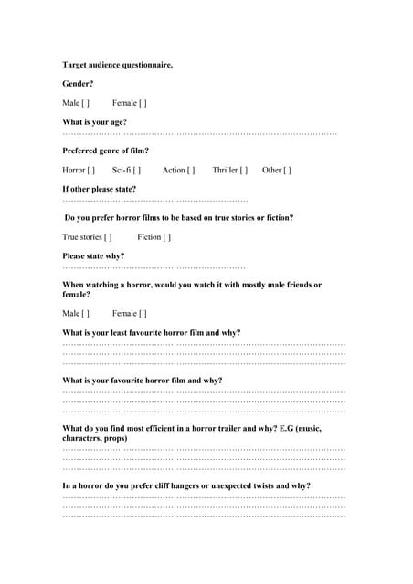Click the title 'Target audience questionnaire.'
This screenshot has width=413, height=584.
pos(117,65)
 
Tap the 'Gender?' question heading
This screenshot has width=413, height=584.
pos(78,84)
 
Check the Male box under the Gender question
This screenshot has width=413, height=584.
pos(85,103)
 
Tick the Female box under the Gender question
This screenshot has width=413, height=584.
pos(143,103)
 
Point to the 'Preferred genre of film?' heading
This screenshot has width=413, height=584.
pos(105,151)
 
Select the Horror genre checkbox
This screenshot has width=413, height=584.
pos(90,170)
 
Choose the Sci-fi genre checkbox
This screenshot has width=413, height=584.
pos(136,170)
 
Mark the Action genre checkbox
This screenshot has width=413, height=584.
pos(191,170)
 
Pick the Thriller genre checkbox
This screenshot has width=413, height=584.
pos(243,170)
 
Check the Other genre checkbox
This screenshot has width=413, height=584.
pos(288,170)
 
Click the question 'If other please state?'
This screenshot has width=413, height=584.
pos(99,189)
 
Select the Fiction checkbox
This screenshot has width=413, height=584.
pos(166,237)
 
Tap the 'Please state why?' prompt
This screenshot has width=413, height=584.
pos(93,256)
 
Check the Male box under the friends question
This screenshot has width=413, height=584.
pos(85,314)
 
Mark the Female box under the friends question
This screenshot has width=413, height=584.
pos(143,314)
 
